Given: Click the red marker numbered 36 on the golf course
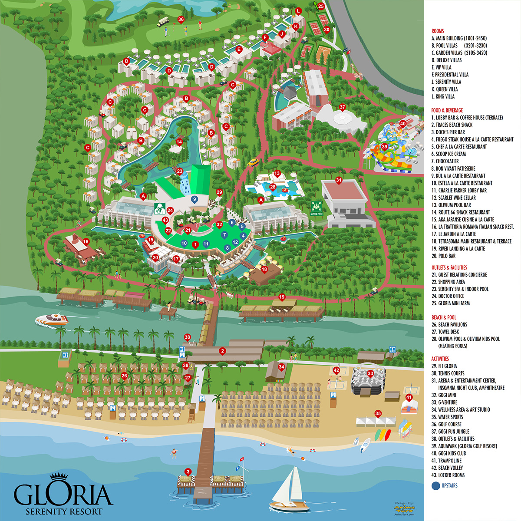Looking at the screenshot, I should pos(181,20).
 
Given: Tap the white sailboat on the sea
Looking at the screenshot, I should pos(289,488).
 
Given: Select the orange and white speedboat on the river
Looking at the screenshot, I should pos(52,320).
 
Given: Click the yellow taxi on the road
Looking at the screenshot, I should pos(253,162).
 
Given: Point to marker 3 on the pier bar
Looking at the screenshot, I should pos(188,472).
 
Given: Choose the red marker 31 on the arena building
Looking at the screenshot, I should pos(339,181).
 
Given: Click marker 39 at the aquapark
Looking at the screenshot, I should pos(384,147).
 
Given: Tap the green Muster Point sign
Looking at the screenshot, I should pos(317,208).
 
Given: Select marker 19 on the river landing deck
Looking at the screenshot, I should pos(282,298).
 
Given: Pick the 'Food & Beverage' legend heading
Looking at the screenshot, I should pos(447,110).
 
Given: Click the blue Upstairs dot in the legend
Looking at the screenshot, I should pos(435,485).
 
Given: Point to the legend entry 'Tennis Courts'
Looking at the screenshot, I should pos(451,373).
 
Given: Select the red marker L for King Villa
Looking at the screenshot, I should pos(298,11).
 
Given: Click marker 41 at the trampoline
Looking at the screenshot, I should pos(409,398).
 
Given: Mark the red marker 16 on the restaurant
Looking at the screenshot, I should pos(86,242).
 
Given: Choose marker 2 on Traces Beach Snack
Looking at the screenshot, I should pos(222,351).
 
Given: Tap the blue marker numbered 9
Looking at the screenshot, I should pos(195,200).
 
